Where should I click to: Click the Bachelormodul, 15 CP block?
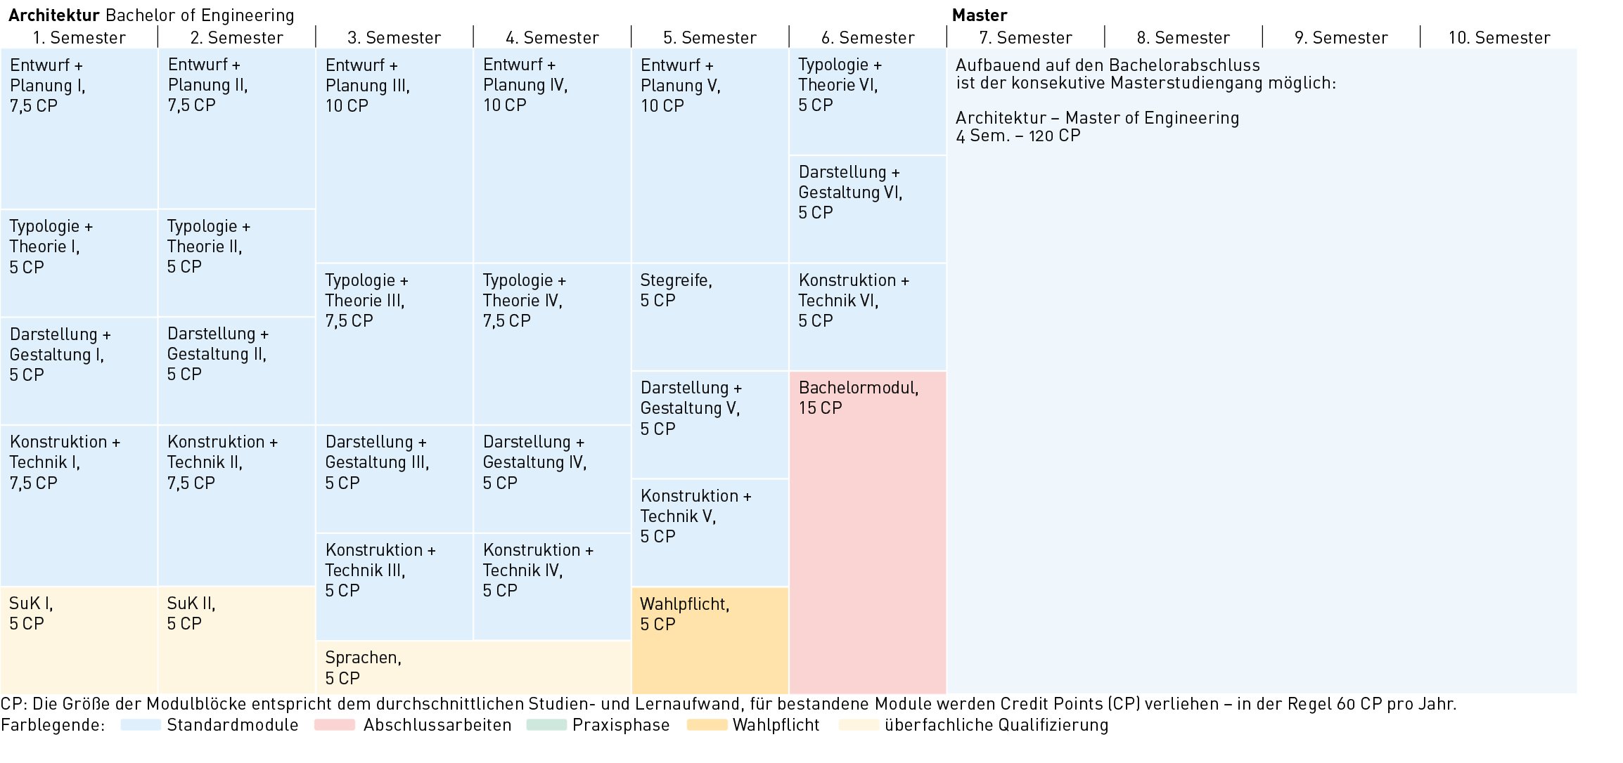tap(868, 533)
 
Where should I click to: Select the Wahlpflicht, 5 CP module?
tap(710, 641)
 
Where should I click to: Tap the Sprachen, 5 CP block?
tap(473, 667)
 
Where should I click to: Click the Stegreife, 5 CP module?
tap(710, 317)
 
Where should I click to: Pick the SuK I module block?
tap(79, 640)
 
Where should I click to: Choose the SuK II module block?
tap(237, 640)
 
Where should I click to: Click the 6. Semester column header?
tap(868, 37)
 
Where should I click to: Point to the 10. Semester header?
tap(1499, 37)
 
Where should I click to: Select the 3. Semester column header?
tap(394, 37)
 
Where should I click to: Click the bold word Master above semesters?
tap(980, 15)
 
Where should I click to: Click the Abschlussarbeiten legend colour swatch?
tap(335, 725)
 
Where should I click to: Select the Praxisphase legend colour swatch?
tap(546, 725)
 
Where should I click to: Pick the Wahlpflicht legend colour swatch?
tap(707, 725)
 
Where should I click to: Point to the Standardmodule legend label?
tap(233, 725)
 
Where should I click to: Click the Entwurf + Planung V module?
tap(710, 155)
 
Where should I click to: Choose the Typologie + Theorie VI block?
tap(868, 102)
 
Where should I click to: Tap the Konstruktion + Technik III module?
tap(394, 587)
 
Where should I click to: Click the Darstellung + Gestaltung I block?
tap(79, 371)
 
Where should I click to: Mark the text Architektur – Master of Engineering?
tap(1097, 117)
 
